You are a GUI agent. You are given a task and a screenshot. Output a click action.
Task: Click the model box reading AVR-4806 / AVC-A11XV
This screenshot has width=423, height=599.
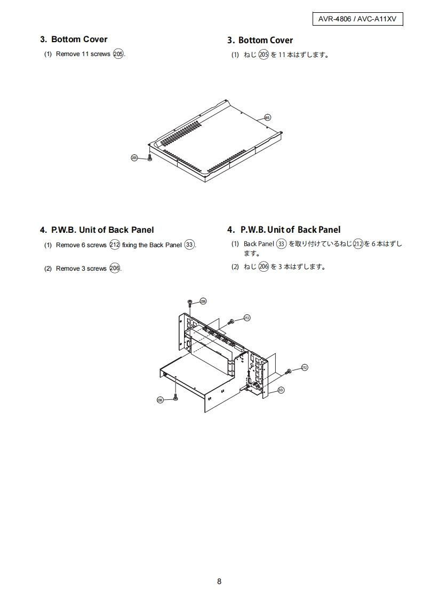point(357,19)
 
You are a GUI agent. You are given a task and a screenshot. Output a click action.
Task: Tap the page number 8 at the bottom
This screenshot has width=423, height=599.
point(219,581)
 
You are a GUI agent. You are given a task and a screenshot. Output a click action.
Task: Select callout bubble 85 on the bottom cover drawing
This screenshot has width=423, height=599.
point(268,117)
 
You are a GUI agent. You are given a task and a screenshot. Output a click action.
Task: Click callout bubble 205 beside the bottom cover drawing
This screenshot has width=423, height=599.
point(134,158)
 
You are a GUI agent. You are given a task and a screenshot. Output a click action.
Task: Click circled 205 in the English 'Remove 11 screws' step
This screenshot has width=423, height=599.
point(118,54)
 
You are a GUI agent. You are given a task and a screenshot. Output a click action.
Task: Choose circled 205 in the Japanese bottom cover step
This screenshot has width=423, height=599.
point(264,55)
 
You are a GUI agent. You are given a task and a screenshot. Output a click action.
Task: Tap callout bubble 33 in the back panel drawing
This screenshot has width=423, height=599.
point(281,390)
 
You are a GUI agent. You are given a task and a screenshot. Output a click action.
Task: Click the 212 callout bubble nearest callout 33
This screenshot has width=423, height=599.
point(304,367)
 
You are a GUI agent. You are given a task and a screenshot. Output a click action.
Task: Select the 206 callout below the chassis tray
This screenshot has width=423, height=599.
point(160,400)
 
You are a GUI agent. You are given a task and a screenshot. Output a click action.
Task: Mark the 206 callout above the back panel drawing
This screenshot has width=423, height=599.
point(203,302)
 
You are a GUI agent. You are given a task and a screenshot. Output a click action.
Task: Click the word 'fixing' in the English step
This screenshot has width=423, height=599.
point(130,245)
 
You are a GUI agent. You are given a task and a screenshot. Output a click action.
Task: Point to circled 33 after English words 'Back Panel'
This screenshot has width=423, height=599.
point(189,245)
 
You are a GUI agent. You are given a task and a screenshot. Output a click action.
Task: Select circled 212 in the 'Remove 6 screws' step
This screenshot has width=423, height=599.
point(115,245)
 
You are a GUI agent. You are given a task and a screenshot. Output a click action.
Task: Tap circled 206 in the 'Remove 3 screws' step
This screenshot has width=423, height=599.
point(115,268)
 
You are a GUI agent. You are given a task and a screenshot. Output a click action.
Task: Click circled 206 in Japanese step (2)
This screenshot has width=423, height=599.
point(264,266)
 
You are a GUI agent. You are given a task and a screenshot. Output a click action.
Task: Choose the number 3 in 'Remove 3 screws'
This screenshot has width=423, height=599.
point(83,269)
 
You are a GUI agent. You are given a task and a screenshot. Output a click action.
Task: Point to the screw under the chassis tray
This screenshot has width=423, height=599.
point(175,397)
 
